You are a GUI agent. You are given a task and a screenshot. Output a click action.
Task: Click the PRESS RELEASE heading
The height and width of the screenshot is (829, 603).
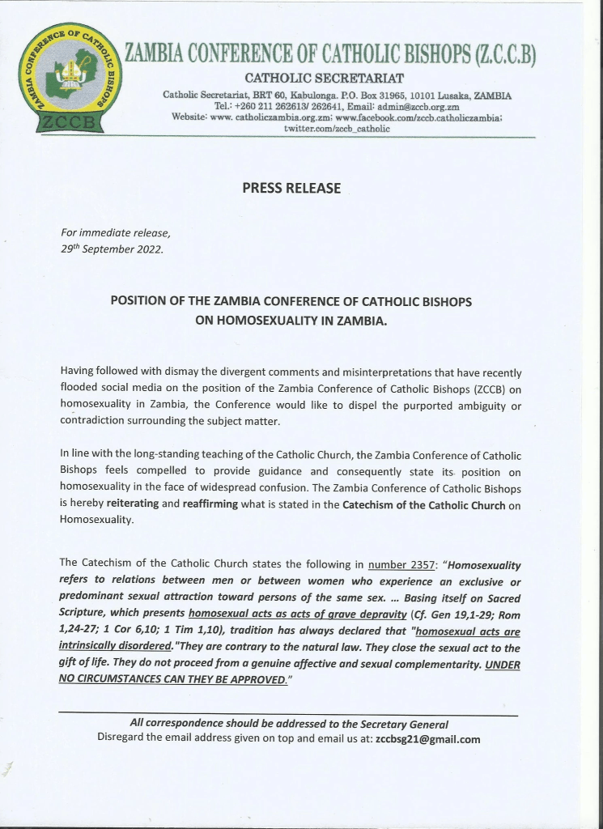pos(291,189)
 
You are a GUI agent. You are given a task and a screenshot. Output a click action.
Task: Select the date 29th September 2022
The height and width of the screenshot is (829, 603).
pos(112,249)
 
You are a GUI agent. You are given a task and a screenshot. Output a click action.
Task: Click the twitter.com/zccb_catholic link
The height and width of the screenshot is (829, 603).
pos(325,128)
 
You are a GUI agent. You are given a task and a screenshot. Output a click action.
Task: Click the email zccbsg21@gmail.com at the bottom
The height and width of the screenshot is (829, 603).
pos(428,739)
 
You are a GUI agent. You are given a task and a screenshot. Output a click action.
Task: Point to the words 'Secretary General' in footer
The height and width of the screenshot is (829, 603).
pos(401,724)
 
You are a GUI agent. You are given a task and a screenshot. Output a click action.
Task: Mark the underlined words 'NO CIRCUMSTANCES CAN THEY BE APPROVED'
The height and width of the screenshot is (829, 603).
pos(172,679)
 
